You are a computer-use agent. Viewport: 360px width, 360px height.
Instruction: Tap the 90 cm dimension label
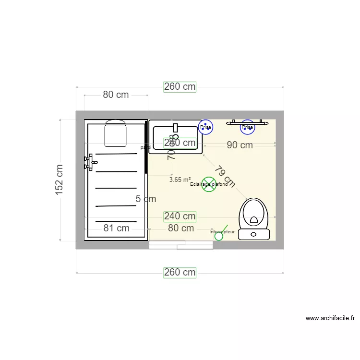pyautogui.click(x=240, y=145)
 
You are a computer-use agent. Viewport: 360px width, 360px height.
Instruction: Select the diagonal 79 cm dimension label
pyautogui.click(x=225, y=176)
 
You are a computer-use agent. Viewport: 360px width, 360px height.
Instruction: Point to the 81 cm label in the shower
pyautogui.click(x=116, y=228)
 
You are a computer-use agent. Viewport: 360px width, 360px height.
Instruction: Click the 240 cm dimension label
pyautogui.click(x=180, y=217)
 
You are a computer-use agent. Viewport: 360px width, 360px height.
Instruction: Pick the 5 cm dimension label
pyautogui.click(x=146, y=199)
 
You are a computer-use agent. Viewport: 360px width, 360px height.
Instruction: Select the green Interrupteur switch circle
pyautogui.click(x=219, y=236)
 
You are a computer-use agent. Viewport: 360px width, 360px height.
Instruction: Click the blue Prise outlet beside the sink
pyautogui.click(x=205, y=127)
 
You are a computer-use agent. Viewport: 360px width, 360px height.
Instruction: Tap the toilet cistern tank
pyautogui.click(x=254, y=234)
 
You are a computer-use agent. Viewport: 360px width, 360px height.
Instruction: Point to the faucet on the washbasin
pyautogui.click(x=175, y=128)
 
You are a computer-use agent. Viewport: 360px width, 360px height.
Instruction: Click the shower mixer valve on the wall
pyautogui.click(x=89, y=162)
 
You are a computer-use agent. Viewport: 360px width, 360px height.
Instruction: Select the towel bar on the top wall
pyautogui.click(x=247, y=122)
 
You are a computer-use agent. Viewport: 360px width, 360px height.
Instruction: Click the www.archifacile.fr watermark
pyautogui.click(x=330, y=318)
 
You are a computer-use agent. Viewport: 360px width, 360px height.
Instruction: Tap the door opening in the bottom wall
pyautogui.click(x=181, y=245)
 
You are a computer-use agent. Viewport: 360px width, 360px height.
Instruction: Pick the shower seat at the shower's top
pyautogui.click(x=115, y=134)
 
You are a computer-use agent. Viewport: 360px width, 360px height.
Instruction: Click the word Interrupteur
pyautogui.click(x=222, y=232)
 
